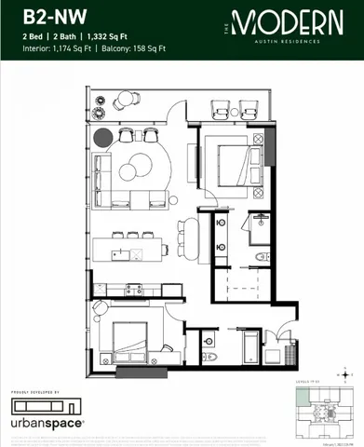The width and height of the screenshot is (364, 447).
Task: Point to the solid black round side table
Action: click(103, 138)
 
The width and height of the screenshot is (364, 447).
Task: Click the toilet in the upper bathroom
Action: click(263, 255)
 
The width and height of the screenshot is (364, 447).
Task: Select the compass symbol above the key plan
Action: click(346, 376)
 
